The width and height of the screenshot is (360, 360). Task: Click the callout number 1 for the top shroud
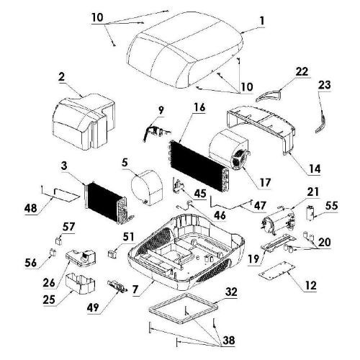pos(261,21)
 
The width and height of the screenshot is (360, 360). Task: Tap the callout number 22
pos(302,71)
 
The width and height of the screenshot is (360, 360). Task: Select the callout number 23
pos(325,85)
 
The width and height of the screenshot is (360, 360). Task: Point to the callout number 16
pos(199,107)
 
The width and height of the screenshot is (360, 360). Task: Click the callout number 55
pos(331,206)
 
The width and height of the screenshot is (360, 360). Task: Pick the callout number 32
pos(231,292)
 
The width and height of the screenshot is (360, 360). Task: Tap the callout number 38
pos(228,340)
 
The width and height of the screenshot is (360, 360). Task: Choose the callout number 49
pos(93,307)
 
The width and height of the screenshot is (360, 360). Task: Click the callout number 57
pos(68,227)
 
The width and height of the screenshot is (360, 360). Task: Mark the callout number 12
pos(310,286)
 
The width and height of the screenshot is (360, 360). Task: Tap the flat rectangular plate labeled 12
pos(276,270)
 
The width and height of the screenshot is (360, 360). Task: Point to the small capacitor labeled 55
pos(311,212)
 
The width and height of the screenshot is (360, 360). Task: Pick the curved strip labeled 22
pos(269,95)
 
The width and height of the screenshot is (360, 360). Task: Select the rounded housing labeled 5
pos(147,188)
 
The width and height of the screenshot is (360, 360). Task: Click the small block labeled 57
pos(59,240)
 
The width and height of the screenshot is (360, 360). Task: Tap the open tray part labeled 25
pos(80,283)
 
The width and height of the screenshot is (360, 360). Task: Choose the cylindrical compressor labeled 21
pos(279,221)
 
